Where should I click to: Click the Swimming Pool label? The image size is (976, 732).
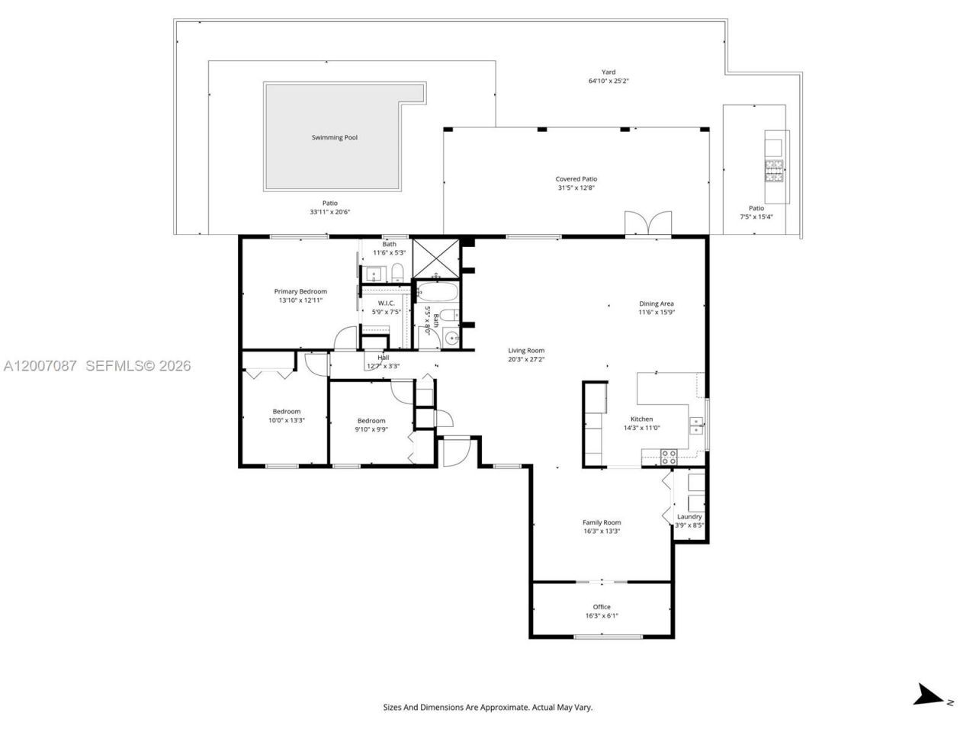(x=334, y=137)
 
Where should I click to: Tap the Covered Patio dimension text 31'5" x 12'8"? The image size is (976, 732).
(x=576, y=188)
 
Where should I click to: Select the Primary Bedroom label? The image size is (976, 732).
(x=300, y=291)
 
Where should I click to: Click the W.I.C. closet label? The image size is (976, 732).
(x=386, y=303)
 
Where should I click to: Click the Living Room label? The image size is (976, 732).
(x=526, y=351)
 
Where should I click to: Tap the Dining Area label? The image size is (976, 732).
(x=656, y=303)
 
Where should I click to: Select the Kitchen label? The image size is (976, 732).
(x=641, y=419)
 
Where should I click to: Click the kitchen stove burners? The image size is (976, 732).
(x=669, y=457)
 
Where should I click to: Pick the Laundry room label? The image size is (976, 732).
(x=689, y=516)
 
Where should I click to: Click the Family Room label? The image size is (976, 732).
(x=602, y=522)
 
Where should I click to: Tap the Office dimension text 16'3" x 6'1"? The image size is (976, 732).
(x=602, y=615)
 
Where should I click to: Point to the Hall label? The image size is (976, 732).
(x=383, y=357)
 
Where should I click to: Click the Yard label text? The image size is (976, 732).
(x=608, y=72)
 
